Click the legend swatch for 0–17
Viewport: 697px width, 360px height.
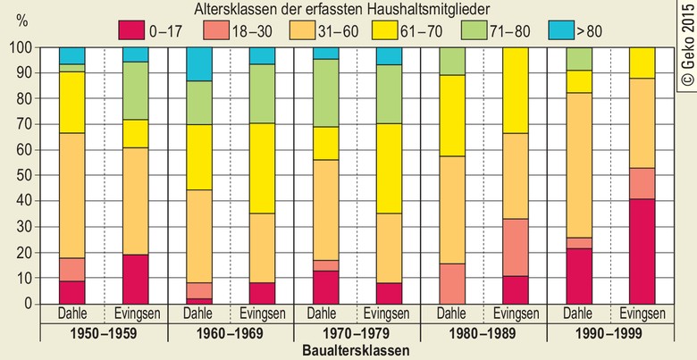click(131, 29)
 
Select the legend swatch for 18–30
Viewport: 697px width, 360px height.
click(214, 29)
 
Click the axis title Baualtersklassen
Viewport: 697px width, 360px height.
click(356, 351)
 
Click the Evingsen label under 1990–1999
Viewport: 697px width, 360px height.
click(642, 314)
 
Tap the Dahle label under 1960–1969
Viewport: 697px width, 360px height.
click(200, 314)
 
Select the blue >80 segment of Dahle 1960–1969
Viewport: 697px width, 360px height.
click(200, 63)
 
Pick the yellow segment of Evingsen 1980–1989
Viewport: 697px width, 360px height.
click(516, 89)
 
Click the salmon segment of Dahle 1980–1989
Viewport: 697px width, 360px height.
click(453, 283)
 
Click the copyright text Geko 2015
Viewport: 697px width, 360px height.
click(686, 46)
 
